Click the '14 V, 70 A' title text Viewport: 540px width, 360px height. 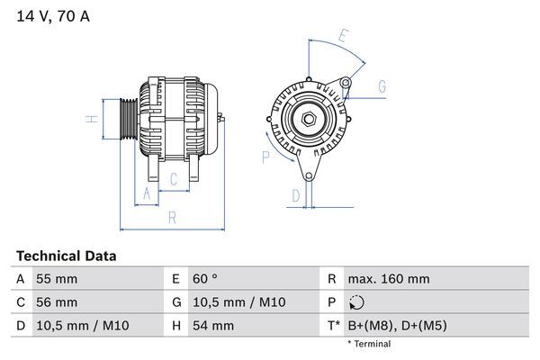pos(53,16)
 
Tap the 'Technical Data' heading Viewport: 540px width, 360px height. pos(66,256)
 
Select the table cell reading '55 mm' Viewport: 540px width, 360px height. pos(56,279)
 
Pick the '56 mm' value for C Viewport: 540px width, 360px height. pos(56,302)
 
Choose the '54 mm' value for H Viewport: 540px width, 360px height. pos(211,325)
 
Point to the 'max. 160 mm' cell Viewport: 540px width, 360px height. pos(390,279)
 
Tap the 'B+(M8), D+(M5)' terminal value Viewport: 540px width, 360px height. pos(397,325)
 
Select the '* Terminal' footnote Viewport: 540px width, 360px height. pos(368,344)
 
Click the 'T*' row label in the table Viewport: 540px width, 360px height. pos(333,325)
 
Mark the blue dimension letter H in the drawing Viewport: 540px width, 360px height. pos(91,119)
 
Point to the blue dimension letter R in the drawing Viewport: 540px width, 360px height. pos(172,216)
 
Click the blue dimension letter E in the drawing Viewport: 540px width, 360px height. pos(342,37)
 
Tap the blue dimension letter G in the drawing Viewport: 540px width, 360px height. pos(382,86)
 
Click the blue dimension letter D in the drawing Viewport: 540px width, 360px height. pos(294,193)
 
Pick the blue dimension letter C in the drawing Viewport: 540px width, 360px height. pos(174,179)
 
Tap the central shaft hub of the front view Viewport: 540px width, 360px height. pos(309,118)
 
